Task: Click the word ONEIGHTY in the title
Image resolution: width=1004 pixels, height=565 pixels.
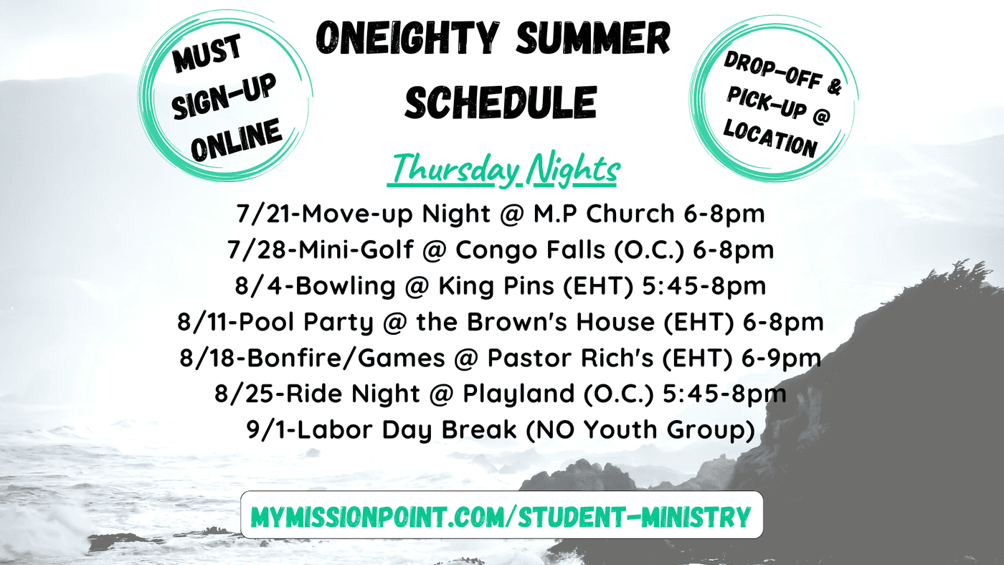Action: click(407, 37)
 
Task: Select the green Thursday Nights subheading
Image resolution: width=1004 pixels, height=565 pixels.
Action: click(504, 170)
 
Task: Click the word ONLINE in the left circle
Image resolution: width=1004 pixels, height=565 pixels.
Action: click(236, 139)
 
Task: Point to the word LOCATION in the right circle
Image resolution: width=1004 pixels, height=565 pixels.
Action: click(770, 138)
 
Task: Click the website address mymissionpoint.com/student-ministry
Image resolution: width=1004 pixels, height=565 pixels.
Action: click(501, 517)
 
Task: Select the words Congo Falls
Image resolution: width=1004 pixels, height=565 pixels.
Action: click(530, 250)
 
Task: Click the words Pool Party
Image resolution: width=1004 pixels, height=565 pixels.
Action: click(306, 323)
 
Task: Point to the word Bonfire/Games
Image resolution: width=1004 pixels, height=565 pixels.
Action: click(346, 359)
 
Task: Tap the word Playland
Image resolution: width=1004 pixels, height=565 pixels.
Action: click(518, 394)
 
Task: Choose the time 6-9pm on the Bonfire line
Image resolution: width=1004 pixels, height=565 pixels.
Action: click(781, 359)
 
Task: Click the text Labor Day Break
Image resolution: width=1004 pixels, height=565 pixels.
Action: click(407, 429)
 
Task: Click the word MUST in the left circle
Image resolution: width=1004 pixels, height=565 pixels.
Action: click(207, 54)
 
